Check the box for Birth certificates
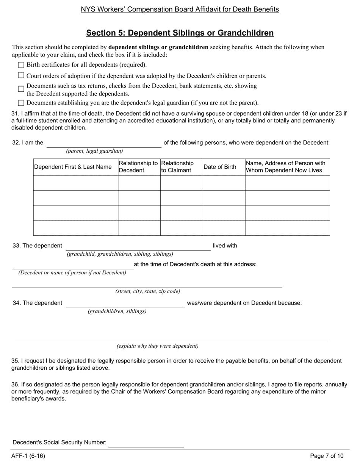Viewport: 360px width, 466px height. click(x=21, y=65)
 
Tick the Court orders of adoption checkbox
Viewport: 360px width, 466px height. click(x=21, y=75)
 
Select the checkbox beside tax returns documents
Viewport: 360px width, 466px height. click(x=21, y=89)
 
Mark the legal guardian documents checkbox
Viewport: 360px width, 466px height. click(x=21, y=103)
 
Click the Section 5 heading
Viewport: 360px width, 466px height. click(x=180, y=33)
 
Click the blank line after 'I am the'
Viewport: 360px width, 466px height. click(x=104, y=143)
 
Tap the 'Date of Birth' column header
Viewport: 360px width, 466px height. click(x=220, y=167)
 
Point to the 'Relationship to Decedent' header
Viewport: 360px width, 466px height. click(x=139, y=167)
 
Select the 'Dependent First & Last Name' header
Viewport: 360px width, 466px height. click(x=73, y=167)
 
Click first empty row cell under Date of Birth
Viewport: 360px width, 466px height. click(x=224, y=183)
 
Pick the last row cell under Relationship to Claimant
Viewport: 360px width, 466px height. click(x=181, y=228)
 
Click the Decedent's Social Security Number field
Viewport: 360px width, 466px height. click(x=146, y=443)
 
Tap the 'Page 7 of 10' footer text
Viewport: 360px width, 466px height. click(x=327, y=456)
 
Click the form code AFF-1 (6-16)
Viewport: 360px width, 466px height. click(x=28, y=456)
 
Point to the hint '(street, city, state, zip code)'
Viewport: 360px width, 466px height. click(x=147, y=291)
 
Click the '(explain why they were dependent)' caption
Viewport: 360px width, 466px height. click(x=157, y=346)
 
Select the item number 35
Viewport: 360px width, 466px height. click(x=15, y=361)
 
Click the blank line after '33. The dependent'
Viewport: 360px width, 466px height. click(x=138, y=246)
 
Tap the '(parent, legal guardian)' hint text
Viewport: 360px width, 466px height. click(x=94, y=151)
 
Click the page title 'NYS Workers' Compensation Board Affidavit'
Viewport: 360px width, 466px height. click(x=180, y=9)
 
